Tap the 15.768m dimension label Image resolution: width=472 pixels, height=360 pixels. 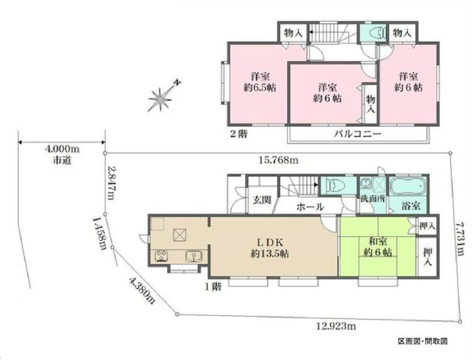[x=279, y=160]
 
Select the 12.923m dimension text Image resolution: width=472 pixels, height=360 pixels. [x=336, y=325]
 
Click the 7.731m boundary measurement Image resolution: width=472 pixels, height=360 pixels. [x=459, y=239]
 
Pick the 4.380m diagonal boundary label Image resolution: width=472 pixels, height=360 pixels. [x=142, y=291]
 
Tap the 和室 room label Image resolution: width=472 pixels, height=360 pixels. [x=378, y=241]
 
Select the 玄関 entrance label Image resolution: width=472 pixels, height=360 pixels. [x=261, y=200]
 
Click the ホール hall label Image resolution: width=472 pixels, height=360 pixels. [x=310, y=207]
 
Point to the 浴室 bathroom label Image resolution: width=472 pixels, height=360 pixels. [x=411, y=206]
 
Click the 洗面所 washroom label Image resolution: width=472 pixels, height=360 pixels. [x=373, y=199]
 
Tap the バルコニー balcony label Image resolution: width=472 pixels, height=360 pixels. [x=358, y=134]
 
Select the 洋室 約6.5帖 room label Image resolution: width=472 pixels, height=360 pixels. [x=260, y=82]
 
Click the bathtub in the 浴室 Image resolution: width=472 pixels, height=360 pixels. [x=408, y=187]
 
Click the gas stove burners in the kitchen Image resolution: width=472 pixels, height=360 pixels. [x=162, y=256]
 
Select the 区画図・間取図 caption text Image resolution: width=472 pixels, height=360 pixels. [x=423, y=341]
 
